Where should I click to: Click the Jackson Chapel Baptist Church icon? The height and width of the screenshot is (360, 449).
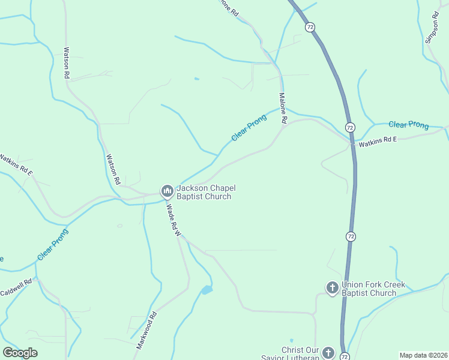167,191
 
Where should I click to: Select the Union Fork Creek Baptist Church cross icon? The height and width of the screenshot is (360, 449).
332,289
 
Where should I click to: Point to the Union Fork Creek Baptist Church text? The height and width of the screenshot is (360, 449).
373,289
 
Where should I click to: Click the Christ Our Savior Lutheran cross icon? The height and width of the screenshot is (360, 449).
328,353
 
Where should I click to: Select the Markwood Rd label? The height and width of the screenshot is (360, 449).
146,330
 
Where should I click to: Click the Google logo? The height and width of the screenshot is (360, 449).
20,353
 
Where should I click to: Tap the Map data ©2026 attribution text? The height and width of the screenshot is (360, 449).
423,355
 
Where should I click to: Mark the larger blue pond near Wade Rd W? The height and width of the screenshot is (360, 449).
206,290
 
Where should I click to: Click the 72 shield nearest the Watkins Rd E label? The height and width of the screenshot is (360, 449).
349,127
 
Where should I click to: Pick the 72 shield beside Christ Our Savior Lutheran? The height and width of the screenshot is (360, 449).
344,356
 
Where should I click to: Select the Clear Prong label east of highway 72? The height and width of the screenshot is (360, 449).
408,125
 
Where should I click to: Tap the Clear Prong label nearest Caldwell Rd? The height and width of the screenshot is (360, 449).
53,244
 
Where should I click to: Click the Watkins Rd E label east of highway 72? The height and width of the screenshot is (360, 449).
378,142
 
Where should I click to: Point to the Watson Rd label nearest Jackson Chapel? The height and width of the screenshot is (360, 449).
113,169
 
